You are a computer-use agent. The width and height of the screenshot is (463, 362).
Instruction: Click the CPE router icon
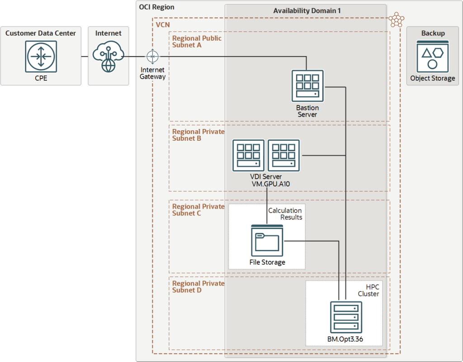coord(41,57)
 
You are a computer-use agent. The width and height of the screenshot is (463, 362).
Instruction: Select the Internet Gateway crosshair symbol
coord(153,57)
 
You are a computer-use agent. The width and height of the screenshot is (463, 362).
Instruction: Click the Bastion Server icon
coord(307,86)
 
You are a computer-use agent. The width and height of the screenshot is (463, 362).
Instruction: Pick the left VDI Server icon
coord(248,155)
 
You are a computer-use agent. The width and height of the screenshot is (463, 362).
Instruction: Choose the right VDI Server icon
coord(283,155)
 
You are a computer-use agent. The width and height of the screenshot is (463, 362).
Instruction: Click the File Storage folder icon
coord(267,240)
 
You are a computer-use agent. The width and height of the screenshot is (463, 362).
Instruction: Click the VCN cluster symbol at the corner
coord(397,20)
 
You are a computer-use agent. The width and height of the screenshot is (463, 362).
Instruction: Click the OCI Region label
coord(156,7)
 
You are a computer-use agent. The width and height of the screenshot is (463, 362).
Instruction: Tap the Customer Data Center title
coord(41,33)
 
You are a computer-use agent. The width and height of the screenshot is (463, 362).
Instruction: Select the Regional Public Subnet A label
coord(197,42)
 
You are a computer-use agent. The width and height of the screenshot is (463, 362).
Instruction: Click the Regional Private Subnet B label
coord(198,135)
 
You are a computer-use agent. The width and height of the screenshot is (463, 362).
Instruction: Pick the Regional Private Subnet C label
coord(198,210)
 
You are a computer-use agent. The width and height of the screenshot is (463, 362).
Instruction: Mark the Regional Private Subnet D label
coord(198,286)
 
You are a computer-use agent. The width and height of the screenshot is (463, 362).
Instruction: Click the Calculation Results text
coord(285,214)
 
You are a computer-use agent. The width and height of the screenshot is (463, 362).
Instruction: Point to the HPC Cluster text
coord(369,291)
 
